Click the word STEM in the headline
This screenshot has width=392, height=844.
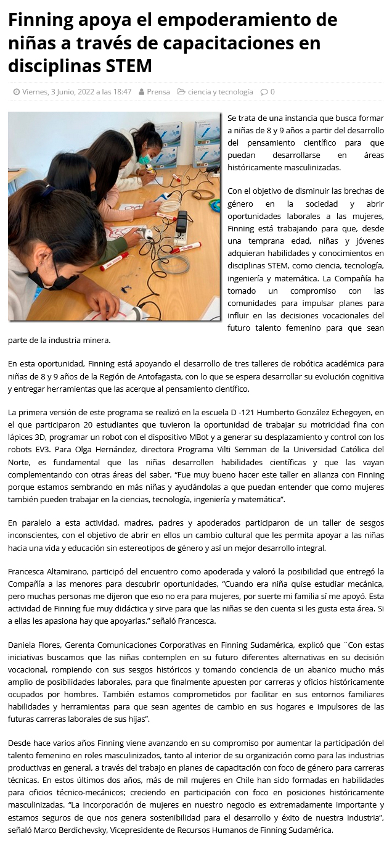[x=128, y=65]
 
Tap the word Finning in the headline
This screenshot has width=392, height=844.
[x=39, y=20]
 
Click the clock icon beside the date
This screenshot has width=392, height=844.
[x=17, y=92]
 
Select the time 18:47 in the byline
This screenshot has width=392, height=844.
[x=121, y=92]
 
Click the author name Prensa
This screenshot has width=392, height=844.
[x=158, y=92]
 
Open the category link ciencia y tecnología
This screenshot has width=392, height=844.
[x=220, y=92]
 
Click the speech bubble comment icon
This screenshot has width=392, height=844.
[x=264, y=92]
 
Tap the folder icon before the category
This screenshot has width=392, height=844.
[x=181, y=92]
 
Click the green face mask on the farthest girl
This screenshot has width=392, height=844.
[x=144, y=160]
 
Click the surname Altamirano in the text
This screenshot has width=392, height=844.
[x=69, y=571]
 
